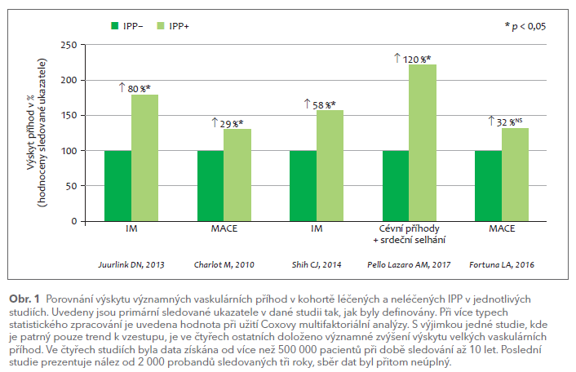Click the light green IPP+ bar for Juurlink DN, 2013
coord(145,157)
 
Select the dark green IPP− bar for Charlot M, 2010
coord(210,186)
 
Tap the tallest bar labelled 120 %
coord(423,143)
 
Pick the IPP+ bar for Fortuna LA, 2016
coord(515,174)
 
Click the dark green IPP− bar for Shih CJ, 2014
coord(303,186)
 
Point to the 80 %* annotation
coord(138,86)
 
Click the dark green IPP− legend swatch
coord(114,27)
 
